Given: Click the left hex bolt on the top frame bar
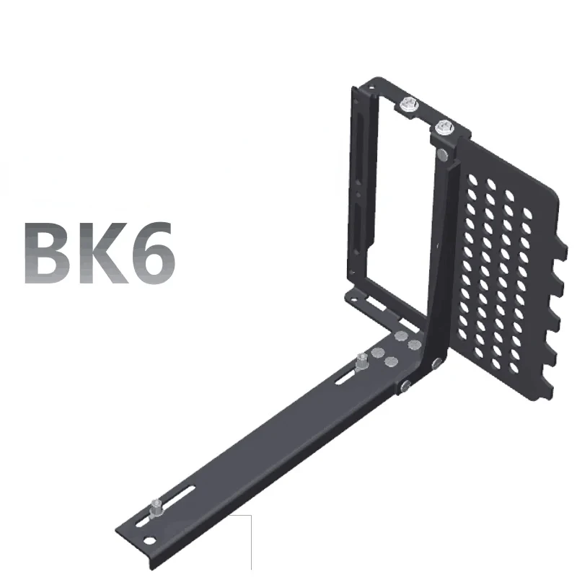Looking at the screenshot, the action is (409, 105).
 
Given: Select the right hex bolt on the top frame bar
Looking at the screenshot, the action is (444, 128).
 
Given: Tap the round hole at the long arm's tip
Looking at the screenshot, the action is (149, 540).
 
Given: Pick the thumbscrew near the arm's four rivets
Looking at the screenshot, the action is (362, 363).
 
